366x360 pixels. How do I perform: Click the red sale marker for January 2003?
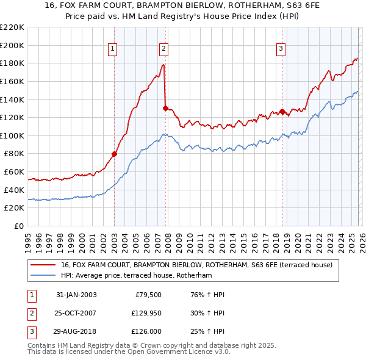(114, 154)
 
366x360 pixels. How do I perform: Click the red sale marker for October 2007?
(165, 108)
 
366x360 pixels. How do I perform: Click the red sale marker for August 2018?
(282, 112)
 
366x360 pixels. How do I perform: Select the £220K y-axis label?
(12, 27)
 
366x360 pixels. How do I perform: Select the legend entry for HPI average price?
(135, 276)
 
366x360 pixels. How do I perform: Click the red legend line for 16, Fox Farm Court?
(43, 265)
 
